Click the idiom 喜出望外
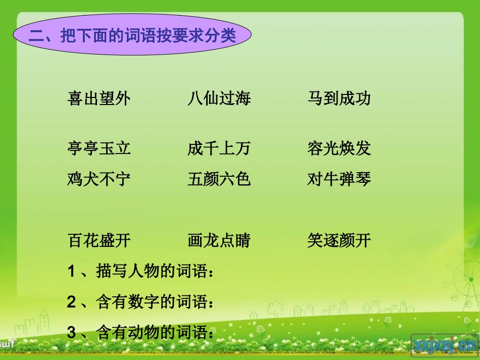(99, 98)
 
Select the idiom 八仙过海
(219, 98)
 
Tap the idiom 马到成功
(339, 98)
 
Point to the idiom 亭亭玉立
(99, 148)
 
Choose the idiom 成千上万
(219, 148)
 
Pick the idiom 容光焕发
(339, 148)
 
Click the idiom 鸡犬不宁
(99, 179)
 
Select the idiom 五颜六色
(219, 179)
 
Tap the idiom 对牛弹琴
(339, 179)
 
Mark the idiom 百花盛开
(99, 240)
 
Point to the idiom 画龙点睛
(219, 240)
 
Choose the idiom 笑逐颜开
(339, 240)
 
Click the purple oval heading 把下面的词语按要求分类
(132, 36)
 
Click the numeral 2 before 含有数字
(71, 302)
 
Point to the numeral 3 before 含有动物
(71, 333)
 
